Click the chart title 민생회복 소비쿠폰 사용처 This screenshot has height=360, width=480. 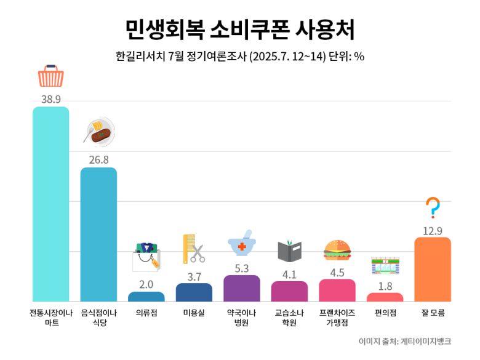[240, 28]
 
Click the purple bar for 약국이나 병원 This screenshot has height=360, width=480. [242, 289]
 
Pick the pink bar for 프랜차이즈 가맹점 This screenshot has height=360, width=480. [337, 290]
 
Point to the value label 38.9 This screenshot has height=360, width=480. [51, 99]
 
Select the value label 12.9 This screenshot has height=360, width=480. [433, 231]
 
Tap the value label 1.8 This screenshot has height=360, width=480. [385, 286]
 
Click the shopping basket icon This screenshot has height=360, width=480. [51, 76]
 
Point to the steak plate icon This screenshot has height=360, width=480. [99, 131]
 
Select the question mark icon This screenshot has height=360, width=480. [433, 208]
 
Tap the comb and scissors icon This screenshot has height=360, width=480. [194, 249]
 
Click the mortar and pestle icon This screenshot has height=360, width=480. [242, 244]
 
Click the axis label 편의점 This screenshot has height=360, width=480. [385, 313]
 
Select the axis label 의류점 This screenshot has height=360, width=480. [146, 313]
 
